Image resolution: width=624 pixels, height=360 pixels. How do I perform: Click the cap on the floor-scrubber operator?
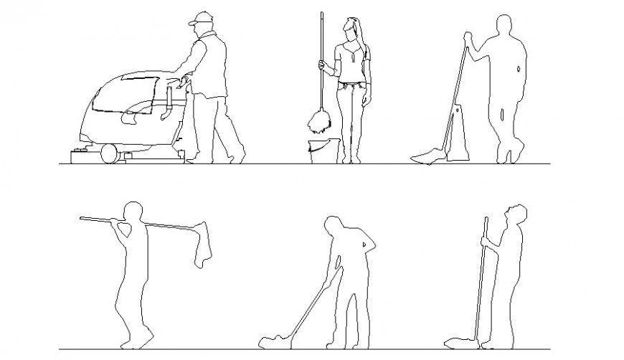click(199, 18)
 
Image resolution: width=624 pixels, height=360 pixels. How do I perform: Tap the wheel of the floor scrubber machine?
click(108, 153)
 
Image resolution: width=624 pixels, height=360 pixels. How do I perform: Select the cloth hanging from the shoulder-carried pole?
click(204, 247)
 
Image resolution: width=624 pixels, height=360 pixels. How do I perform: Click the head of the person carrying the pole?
click(132, 213)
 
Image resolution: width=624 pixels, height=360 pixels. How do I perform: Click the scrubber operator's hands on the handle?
click(184, 80)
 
